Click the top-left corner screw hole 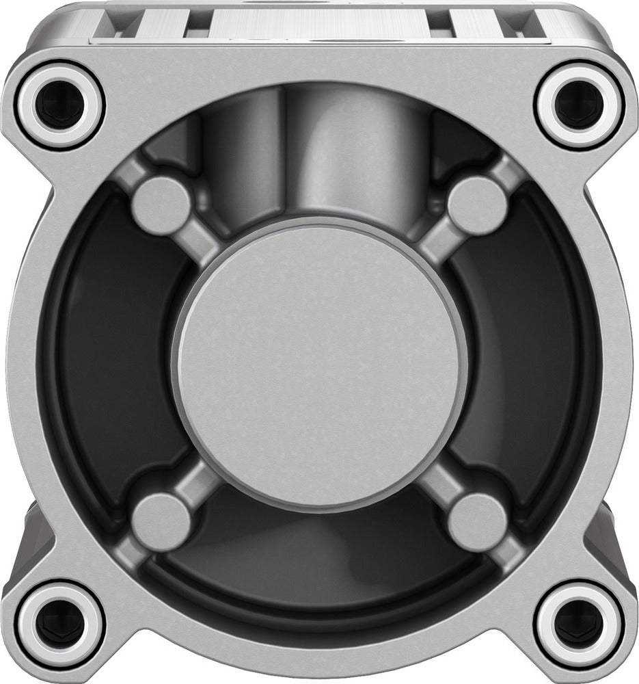click(60, 104)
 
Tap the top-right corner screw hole click(579, 104)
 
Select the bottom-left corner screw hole click(60, 624)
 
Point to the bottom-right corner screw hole click(579, 624)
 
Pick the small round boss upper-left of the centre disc click(162, 204)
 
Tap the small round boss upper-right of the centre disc click(478, 204)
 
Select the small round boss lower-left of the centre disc click(162, 521)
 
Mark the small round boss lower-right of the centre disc click(478, 521)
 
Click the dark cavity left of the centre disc click(103, 363)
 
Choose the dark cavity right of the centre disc click(536, 363)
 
